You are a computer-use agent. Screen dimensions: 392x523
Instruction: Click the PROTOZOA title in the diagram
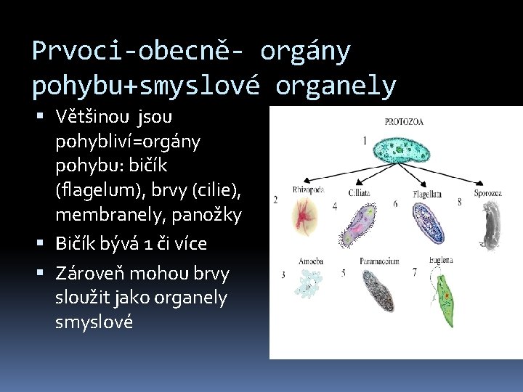click(405, 121)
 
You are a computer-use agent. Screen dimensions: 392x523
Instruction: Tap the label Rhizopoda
click(308, 189)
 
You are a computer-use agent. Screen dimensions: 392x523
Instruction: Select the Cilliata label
click(359, 193)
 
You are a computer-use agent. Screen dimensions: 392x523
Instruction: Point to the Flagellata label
click(427, 194)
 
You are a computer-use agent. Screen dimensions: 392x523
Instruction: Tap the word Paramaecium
click(378, 261)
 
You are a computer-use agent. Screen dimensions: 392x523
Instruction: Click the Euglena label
click(441, 258)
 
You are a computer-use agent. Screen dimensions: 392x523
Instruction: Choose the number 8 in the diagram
click(459, 203)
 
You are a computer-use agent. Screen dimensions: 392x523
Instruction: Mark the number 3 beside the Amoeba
click(283, 275)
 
